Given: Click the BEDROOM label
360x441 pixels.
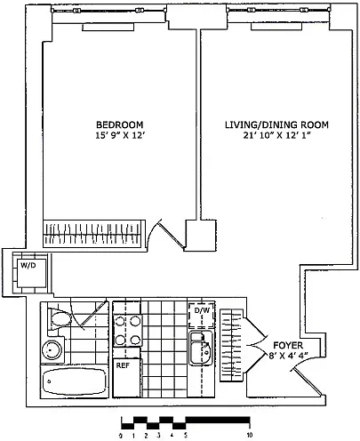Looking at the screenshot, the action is point(120,124).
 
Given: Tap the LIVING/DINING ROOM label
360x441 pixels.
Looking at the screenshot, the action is point(276,124).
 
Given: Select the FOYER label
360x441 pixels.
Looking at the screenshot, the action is point(288,345).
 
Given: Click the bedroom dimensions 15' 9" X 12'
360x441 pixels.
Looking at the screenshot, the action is point(120,135).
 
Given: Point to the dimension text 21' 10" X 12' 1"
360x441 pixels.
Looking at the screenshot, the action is point(276,135).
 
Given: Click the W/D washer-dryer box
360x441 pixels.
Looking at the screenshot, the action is point(31,273).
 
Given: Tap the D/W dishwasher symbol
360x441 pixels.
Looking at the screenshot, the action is point(202,316).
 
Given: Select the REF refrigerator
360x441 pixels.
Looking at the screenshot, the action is point(126,378).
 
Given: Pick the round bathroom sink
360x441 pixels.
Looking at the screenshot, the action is point(52,350).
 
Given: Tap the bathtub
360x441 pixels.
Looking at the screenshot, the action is point(75,381).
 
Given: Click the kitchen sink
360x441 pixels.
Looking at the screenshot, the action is point(201,348).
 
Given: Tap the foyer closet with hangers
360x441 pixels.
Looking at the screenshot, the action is point(231,346).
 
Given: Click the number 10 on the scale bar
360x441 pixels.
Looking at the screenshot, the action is point(250,435).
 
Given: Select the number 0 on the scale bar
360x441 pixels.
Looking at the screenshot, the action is point(121,435).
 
